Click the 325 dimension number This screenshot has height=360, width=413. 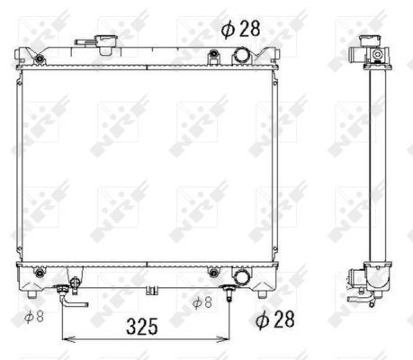142,327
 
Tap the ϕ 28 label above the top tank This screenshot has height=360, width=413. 240,29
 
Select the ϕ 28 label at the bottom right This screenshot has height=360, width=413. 274,319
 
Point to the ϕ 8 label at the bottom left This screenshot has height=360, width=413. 34,317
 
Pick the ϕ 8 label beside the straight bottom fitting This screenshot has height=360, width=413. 202,302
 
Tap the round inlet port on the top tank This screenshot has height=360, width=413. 241,55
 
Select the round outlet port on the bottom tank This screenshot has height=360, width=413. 241,276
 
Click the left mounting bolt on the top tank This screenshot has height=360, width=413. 39,58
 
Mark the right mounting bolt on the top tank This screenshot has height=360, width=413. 213,54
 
